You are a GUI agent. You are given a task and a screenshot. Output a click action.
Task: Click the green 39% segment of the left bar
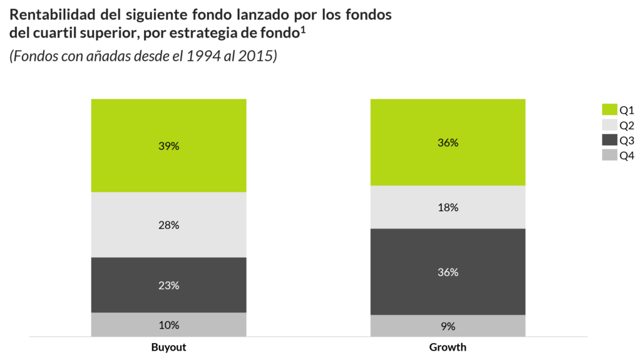tap(169, 145)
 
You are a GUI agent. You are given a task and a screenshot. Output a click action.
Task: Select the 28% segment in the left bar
tap(169, 225)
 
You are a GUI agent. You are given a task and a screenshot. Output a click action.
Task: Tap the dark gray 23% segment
tap(169, 285)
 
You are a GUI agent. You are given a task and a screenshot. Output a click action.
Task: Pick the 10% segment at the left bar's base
tap(169, 325)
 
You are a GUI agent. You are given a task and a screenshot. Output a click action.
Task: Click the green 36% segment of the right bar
tap(448, 142)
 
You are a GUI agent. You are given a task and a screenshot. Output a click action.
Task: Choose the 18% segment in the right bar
tap(448, 207)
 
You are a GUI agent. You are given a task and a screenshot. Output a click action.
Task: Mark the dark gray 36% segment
tap(448, 272)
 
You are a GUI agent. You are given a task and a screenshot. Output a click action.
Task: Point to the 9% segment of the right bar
tap(448, 326)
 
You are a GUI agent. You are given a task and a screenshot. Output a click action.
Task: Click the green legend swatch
tap(609, 110)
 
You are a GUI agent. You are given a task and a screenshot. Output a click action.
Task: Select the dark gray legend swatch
tap(609, 140)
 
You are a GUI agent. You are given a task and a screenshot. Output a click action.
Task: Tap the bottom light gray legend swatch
tap(609, 155)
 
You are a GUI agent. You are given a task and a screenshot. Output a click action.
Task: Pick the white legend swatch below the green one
tap(609, 125)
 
